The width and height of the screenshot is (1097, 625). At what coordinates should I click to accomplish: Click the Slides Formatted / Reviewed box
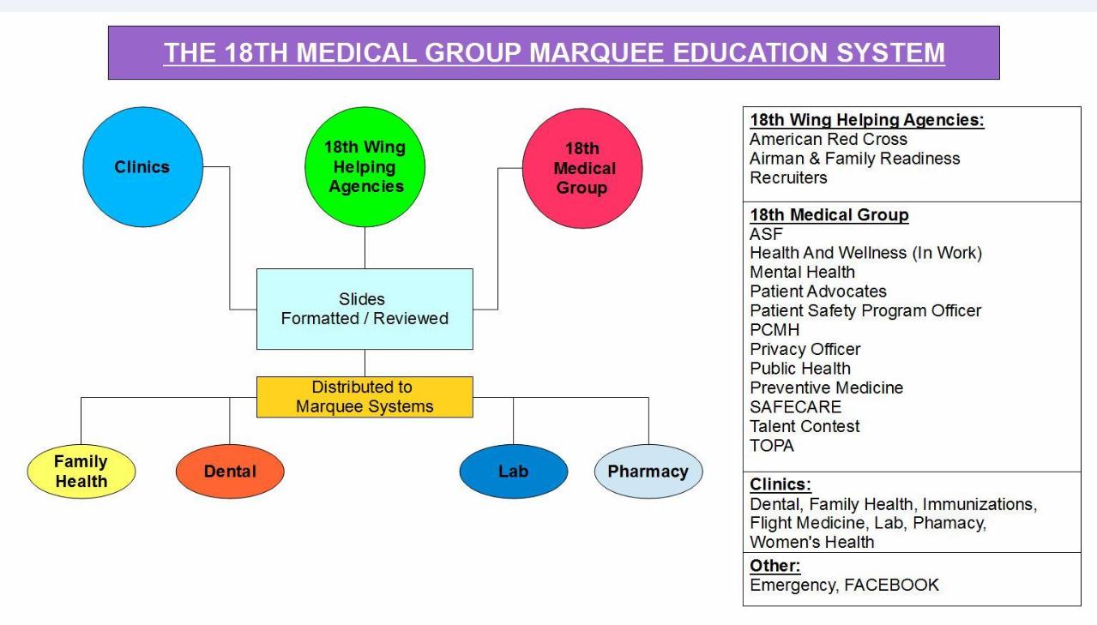point(365,309)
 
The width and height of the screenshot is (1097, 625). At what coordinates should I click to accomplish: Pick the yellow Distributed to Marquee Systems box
point(365,397)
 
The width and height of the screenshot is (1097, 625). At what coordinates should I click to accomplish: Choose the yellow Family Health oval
point(81,472)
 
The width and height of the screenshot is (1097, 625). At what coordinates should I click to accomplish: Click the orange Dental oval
point(230,472)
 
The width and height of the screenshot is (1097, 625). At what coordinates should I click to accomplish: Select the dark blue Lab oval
point(513,472)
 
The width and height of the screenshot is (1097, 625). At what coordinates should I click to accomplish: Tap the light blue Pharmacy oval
point(648,472)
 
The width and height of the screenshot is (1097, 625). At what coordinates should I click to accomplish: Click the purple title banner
point(553,52)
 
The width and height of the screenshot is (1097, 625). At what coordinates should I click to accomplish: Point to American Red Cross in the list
point(828,140)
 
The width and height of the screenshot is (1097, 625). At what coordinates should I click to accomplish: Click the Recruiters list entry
point(787,177)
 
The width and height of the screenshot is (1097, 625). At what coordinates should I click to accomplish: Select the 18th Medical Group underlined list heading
point(829,215)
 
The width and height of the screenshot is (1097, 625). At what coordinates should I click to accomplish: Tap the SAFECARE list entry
point(795,407)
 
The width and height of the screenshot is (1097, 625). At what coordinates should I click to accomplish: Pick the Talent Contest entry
point(805,426)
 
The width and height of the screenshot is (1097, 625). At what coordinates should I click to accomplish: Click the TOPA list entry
point(771,445)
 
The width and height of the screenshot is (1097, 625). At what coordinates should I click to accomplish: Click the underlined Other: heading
point(769,567)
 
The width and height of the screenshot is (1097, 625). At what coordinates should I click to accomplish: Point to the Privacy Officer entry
point(805,349)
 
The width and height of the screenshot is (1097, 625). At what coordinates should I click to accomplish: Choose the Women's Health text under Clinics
point(811,542)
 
